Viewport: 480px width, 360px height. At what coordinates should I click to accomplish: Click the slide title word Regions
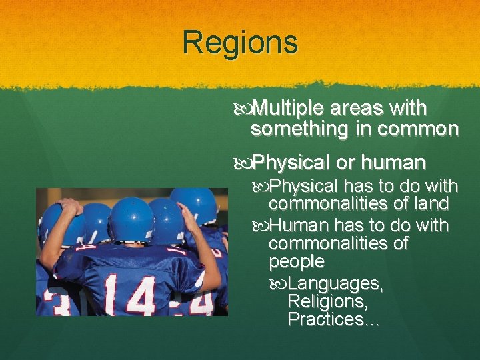(x=240, y=43)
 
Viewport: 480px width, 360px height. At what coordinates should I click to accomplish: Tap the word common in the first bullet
(x=418, y=129)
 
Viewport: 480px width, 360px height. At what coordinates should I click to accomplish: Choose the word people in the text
(x=297, y=261)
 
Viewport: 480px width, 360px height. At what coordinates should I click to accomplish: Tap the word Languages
(x=336, y=285)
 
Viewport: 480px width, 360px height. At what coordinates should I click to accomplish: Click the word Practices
(x=329, y=319)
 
